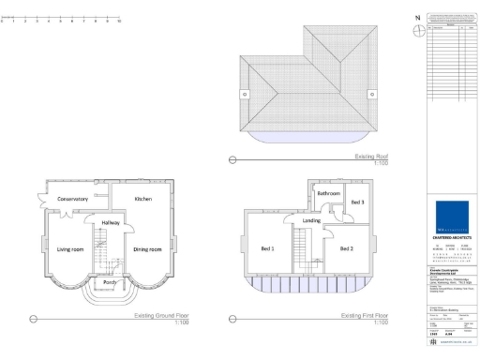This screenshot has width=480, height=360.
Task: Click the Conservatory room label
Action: (72, 199)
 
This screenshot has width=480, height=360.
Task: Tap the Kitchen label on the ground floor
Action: (143, 199)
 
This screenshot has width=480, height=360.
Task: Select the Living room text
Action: (70, 249)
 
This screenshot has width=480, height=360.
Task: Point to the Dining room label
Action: (147, 249)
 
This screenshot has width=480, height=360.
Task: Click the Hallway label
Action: (111, 221)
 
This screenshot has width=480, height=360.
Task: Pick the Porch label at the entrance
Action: (111, 281)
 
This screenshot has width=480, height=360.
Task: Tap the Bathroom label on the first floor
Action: (328, 192)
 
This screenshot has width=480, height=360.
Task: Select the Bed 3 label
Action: (358, 202)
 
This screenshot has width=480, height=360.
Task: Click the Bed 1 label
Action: (267, 248)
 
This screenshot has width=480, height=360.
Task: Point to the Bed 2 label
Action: (346, 248)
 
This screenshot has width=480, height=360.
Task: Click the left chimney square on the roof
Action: (245, 93)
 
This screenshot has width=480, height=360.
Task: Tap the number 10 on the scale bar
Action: (119, 21)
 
